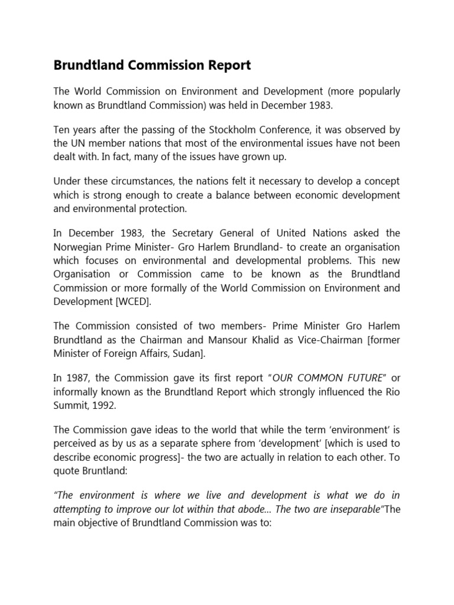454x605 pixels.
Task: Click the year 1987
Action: [x=77, y=378]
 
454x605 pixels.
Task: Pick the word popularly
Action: [x=380, y=92]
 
